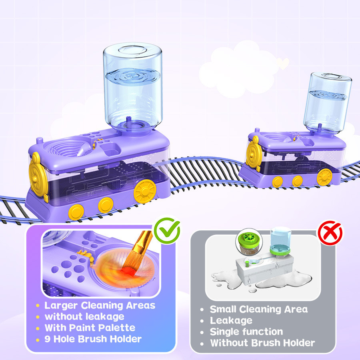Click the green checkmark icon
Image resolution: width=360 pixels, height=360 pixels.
pos(167,230)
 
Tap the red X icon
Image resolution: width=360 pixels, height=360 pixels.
pos(330,233)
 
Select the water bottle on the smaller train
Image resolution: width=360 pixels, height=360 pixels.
pos(327,103)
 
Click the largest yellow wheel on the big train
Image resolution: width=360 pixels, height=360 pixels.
pos(145,191)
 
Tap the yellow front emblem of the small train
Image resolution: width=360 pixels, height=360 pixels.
pos(253,153)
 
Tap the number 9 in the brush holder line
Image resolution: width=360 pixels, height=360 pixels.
pos(48,339)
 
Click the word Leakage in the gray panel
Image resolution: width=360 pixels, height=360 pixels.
pos(231,320)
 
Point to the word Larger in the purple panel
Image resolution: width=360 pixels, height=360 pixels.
pos(61,306)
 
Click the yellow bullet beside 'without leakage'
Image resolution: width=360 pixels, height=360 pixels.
pos(38,317)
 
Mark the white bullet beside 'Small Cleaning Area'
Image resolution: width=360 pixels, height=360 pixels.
pos(202,310)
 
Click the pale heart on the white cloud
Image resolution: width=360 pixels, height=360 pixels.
pos(283,63)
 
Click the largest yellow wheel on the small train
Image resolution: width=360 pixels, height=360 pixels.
pos(324,177)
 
